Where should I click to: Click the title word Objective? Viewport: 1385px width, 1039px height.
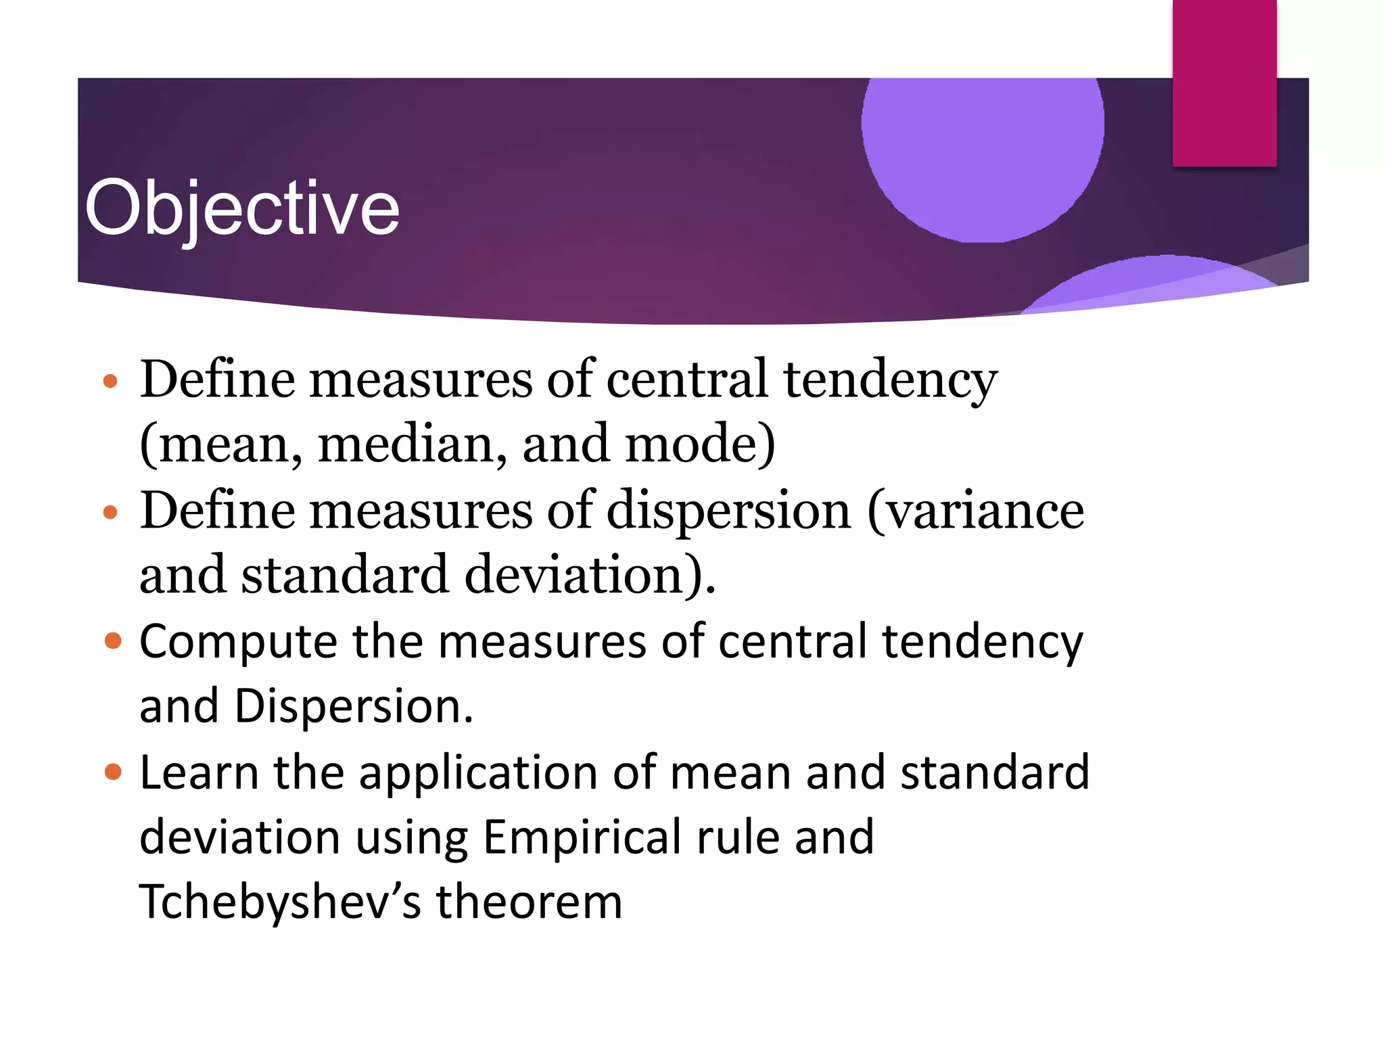(242, 208)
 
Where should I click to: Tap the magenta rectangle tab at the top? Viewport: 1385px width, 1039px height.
(1224, 83)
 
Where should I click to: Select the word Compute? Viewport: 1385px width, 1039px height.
(238, 642)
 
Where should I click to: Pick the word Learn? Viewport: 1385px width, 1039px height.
(199, 772)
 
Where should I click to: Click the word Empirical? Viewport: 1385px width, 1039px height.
(582, 837)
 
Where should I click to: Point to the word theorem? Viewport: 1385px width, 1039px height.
(529, 902)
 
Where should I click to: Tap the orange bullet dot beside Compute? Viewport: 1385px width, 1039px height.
(113, 641)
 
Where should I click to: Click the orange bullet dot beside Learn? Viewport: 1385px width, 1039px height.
(113, 772)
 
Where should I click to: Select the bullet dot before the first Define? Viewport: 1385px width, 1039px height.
(110, 382)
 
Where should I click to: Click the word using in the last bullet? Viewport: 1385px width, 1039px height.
(412, 837)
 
